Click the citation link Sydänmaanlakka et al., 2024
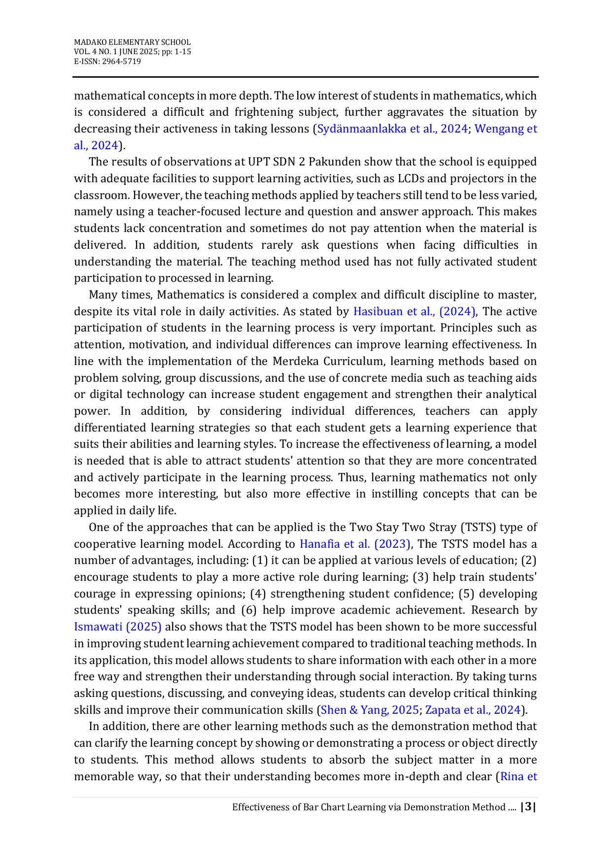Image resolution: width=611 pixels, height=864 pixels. pos(392,129)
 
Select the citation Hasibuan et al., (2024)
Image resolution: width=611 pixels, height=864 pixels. pos(414,312)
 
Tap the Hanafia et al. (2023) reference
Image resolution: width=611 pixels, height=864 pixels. pos(355,544)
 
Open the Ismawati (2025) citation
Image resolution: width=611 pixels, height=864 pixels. pos(118,627)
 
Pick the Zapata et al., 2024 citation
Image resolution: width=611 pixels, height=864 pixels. pos(473,710)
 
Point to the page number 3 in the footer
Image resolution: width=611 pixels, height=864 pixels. pos(529,807)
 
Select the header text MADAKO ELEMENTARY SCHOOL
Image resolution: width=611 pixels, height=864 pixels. pos(132,42)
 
